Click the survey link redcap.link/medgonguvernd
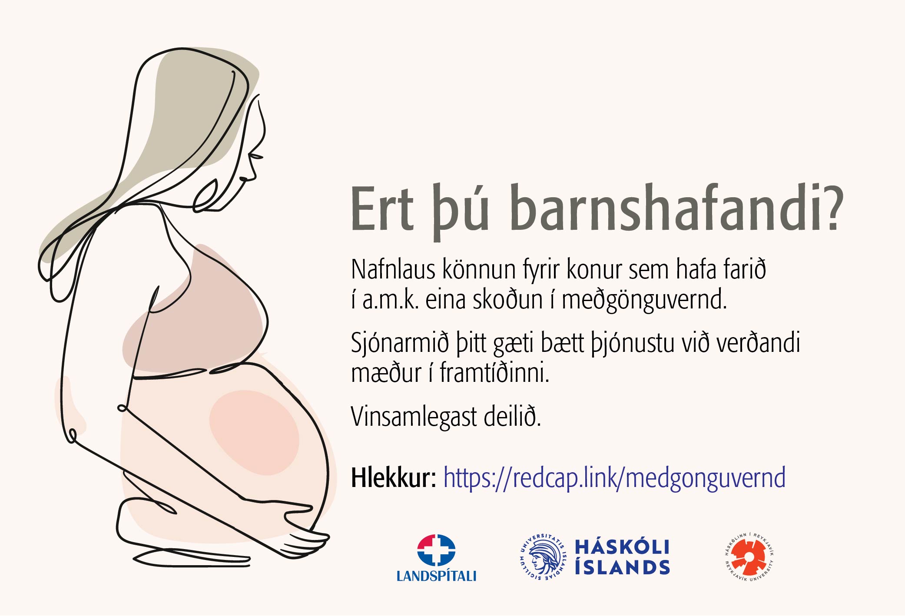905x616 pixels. click(x=614, y=478)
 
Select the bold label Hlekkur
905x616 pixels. click(x=394, y=478)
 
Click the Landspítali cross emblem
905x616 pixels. click(x=436, y=550)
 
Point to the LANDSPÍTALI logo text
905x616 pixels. click(x=436, y=576)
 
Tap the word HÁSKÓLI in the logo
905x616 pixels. click(x=622, y=547)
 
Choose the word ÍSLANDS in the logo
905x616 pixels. click(x=622, y=567)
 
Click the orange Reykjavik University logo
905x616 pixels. click(x=749, y=557)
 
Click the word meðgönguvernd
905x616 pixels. click(x=644, y=300)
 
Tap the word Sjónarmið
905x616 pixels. click(x=400, y=343)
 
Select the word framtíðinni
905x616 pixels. click(x=494, y=373)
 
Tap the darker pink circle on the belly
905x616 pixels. click(x=254, y=432)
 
